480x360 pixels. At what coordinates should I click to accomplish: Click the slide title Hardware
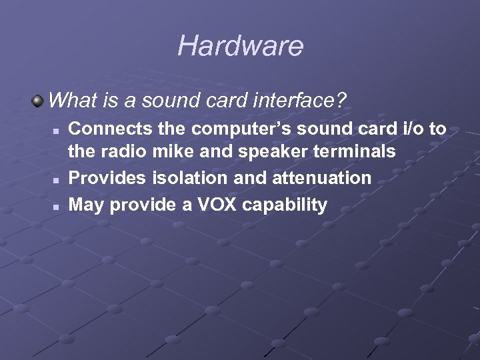coord(240,46)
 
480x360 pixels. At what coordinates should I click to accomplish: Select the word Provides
coord(107,178)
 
